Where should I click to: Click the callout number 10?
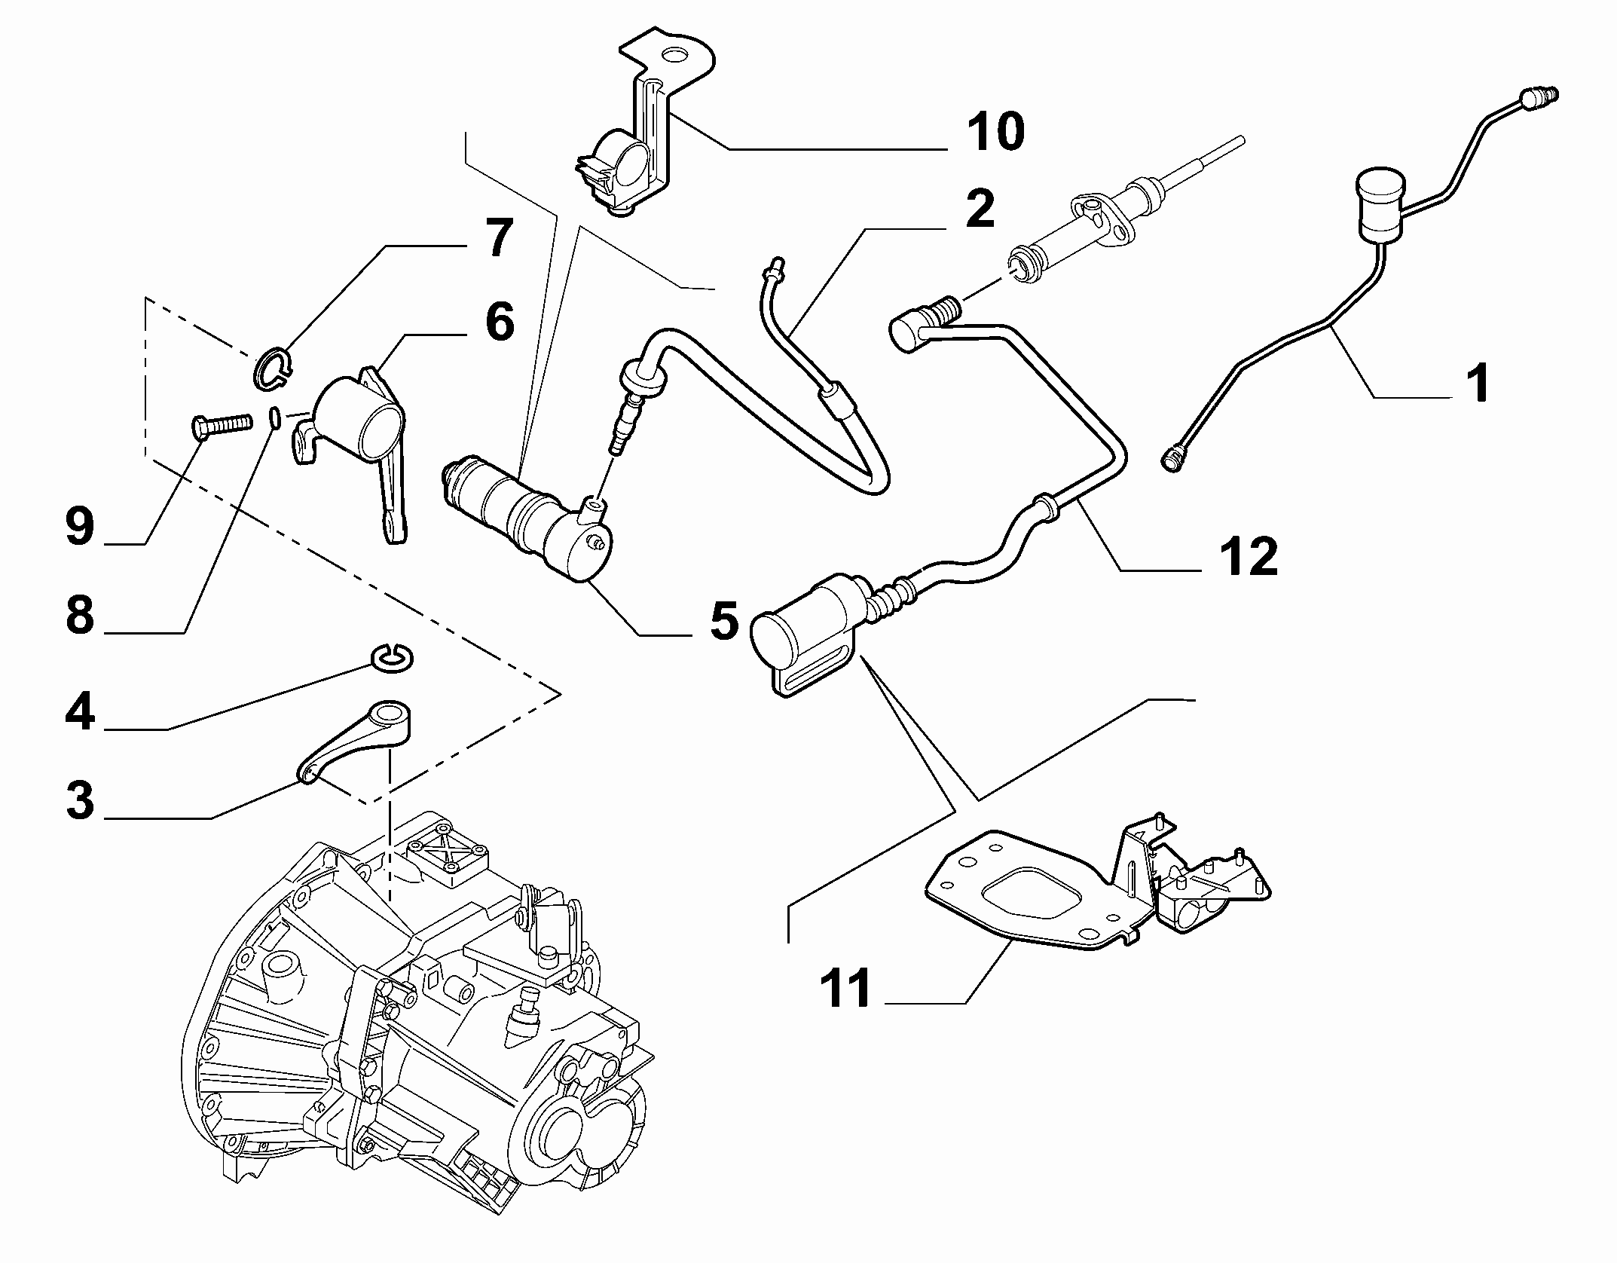point(995,131)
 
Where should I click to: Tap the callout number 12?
point(1247,558)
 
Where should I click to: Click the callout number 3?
point(81,800)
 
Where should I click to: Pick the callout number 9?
point(81,525)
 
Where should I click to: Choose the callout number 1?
point(1479,382)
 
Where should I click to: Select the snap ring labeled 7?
point(272,371)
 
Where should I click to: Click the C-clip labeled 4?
point(392,658)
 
